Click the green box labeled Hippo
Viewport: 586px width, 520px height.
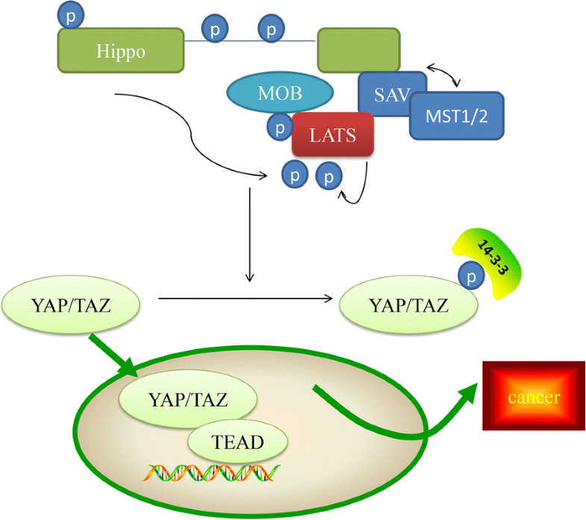(x=119, y=51)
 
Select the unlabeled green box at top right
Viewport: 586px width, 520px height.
(x=358, y=51)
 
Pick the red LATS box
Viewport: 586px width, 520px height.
(x=332, y=135)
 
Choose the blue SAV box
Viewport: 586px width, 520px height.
(x=391, y=93)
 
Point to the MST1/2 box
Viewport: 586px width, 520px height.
(x=456, y=116)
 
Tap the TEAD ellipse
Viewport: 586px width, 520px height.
(x=237, y=441)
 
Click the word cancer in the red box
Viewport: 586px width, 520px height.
(x=533, y=396)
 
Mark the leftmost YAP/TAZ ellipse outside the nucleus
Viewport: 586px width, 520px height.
(x=73, y=305)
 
